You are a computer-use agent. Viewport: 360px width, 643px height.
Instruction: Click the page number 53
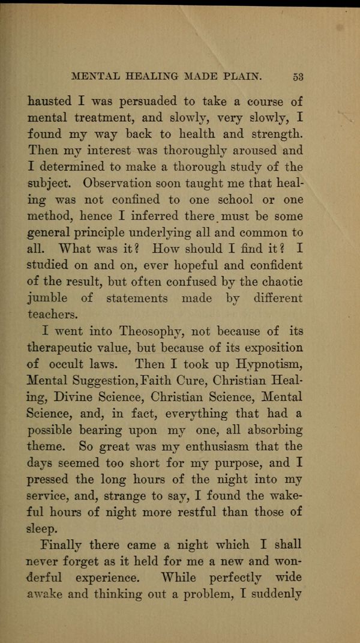[298, 76]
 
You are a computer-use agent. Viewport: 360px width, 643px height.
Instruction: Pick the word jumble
[48, 298]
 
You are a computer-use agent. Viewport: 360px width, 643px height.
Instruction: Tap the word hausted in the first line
[49, 101]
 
